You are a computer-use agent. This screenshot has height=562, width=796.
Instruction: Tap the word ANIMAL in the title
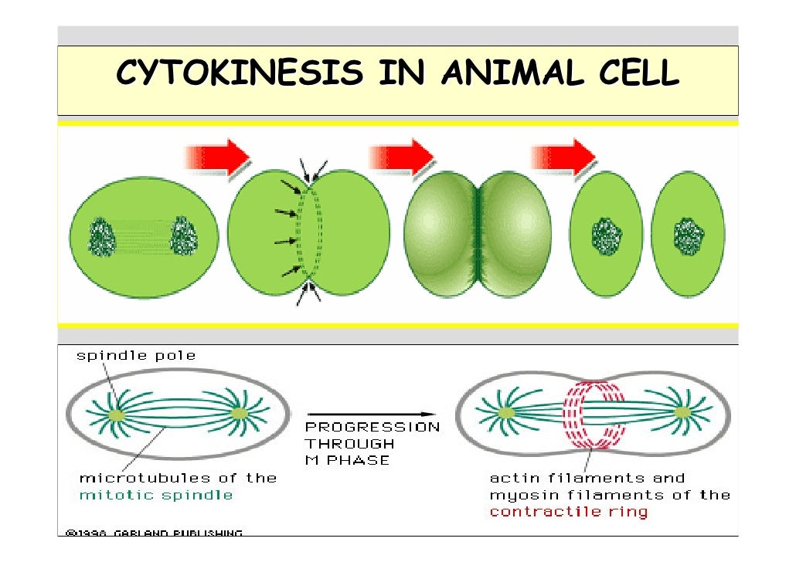[x=522, y=74]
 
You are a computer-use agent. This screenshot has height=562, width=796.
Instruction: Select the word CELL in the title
[x=638, y=74]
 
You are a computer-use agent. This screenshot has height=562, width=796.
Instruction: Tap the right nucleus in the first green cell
[x=184, y=235]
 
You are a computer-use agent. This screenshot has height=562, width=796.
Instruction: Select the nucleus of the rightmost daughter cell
[x=688, y=234]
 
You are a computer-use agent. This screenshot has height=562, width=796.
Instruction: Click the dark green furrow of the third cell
[x=478, y=232]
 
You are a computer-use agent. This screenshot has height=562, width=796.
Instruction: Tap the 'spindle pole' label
[x=136, y=356]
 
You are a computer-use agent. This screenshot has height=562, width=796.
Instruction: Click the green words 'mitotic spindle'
[x=156, y=494]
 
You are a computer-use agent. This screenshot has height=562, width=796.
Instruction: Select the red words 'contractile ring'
[x=569, y=511]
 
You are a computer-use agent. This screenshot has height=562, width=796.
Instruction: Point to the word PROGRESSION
[x=372, y=427]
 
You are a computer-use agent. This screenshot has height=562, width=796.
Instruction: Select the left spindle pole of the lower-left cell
[x=117, y=415]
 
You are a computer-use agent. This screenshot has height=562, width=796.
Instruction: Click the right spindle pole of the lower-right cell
[x=682, y=414]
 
